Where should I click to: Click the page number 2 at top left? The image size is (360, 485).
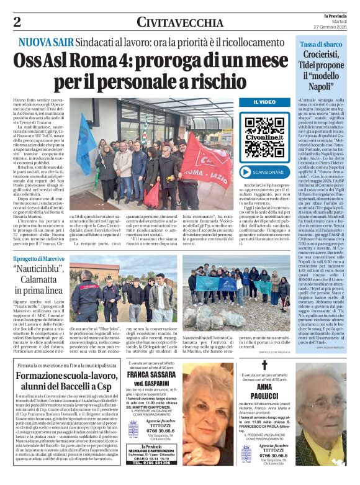[16, 22]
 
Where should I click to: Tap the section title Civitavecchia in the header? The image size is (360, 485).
[179, 23]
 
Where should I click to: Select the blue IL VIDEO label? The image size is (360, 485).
[264, 102]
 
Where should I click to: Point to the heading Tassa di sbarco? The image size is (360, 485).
[321, 44]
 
